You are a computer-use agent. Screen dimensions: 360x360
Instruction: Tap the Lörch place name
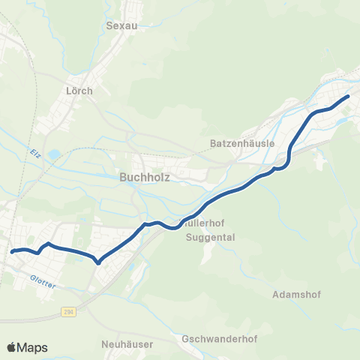79,91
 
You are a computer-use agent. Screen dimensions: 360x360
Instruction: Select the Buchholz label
145,178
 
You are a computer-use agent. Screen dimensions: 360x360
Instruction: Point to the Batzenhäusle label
243,142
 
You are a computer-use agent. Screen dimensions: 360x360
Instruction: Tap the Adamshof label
298,294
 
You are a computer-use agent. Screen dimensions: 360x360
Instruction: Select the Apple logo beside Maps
11,347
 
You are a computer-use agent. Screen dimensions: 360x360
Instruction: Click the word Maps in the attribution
33,347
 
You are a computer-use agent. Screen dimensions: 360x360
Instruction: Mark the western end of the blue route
13,252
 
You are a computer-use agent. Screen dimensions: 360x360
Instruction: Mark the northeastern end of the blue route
348,96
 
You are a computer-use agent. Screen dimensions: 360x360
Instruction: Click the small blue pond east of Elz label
55,154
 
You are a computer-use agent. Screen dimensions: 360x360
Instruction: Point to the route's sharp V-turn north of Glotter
98,262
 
